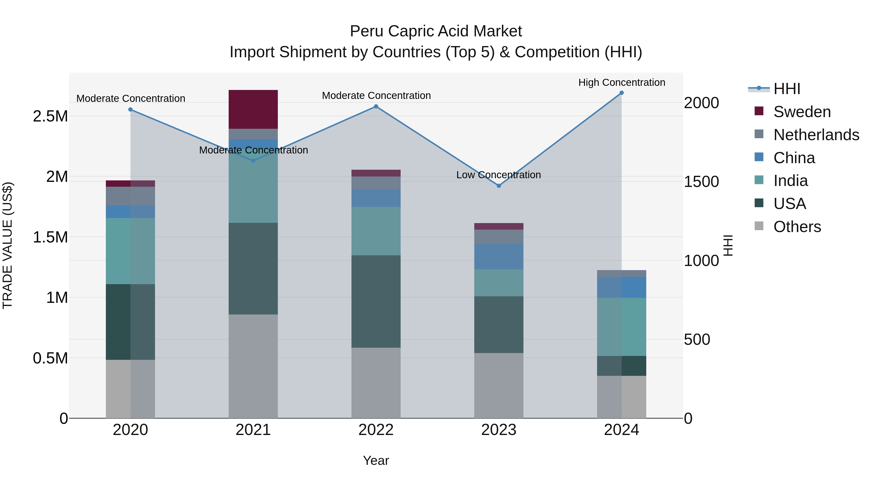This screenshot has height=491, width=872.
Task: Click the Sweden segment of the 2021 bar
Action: pos(253,109)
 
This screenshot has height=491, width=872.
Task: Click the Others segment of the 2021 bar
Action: pos(253,366)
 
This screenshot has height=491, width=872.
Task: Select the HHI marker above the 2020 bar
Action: pos(130,109)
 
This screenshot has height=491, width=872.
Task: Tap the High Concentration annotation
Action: pos(622,82)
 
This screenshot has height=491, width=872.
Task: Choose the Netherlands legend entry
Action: pos(816,135)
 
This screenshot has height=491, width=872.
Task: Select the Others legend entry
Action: pos(797,227)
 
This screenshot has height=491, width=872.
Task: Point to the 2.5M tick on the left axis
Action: pos(50,116)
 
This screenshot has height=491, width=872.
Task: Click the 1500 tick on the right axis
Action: pos(701,182)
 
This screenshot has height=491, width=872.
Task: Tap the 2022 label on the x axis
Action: pos(376,430)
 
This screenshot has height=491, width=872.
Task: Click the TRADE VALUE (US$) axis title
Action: pos(8,245)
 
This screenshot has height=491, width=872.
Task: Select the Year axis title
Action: pos(376,460)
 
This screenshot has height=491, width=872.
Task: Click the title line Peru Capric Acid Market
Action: pos(436,31)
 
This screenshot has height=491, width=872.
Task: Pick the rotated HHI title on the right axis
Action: pos(728,245)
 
